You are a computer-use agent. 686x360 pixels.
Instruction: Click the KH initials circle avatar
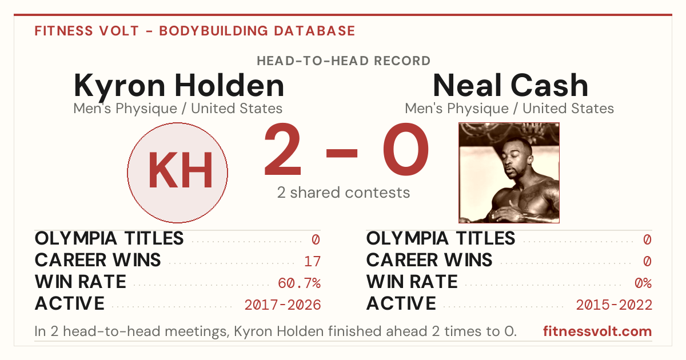click(x=178, y=173)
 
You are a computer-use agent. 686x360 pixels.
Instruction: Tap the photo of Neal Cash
click(x=509, y=173)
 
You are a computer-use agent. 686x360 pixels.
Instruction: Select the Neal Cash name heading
click(x=510, y=85)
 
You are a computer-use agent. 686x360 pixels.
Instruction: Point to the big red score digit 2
click(x=282, y=149)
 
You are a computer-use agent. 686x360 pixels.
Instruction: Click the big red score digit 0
click(x=406, y=149)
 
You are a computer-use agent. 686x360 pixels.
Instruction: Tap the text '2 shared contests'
click(x=344, y=193)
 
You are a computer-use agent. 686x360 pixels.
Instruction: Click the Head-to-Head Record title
click(x=344, y=61)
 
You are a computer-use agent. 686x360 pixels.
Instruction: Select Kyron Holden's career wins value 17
click(x=312, y=261)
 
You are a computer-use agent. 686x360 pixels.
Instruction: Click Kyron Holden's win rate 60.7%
click(x=299, y=283)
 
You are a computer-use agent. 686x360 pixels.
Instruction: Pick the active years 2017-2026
click(x=282, y=305)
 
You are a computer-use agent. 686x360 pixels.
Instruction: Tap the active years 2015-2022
click(x=614, y=305)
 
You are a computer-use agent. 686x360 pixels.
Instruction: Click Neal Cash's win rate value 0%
click(x=643, y=283)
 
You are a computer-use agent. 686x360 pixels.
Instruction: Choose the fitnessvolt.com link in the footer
click(x=597, y=331)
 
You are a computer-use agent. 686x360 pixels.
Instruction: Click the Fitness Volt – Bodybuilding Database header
click(x=195, y=31)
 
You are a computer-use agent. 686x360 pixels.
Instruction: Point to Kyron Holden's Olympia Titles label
click(x=109, y=238)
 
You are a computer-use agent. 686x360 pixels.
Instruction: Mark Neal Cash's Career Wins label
click(x=429, y=260)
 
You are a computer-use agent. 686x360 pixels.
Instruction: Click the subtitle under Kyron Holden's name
click(x=178, y=109)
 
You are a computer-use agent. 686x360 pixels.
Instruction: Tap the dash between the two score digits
click(x=342, y=153)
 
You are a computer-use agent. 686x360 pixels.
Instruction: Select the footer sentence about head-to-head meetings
click(x=276, y=331)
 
